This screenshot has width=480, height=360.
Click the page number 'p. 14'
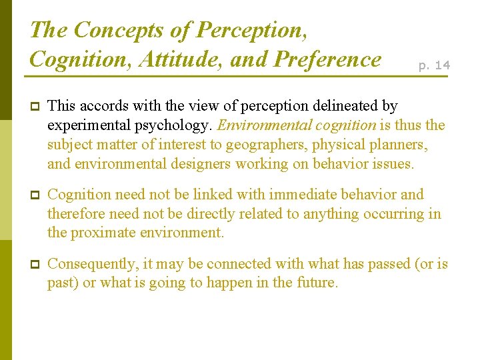pyautogui.click(x=433, y=65)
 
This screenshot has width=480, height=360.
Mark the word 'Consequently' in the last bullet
pyautogui.click(x=93, y=264)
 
